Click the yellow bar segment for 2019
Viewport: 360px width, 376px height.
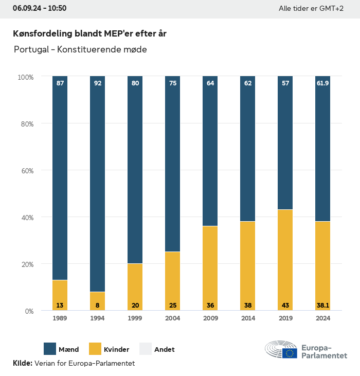pos(285,260)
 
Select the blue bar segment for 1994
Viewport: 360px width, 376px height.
pos(98,184)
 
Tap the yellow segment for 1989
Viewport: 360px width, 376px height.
pos(60,295)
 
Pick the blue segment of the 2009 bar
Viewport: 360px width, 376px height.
pos(210,151)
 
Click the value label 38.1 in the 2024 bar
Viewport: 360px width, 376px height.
pos(322,306)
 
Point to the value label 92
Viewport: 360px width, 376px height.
pos(98,83)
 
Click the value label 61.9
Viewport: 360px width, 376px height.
pos(322,83)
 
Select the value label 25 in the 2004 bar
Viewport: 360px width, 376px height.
pos(173,306)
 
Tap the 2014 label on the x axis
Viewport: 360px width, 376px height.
pos(248,319)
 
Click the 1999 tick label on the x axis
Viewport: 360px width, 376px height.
pos(135,319)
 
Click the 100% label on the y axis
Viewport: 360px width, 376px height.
pos(25,77)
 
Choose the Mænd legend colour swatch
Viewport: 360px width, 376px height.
pos(50,349)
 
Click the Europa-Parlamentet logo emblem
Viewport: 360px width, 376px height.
pos(281,350)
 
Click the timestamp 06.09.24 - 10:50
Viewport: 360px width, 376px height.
pos(40,8)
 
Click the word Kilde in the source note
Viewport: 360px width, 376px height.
pos(22,363)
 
